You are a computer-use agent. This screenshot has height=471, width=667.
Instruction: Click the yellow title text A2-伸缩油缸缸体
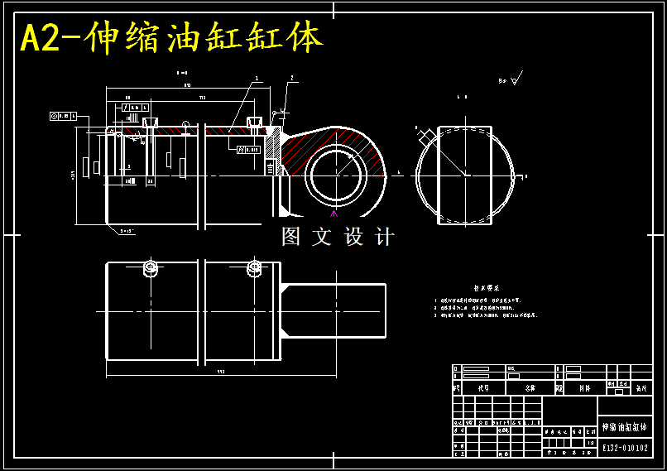tap(171, 38)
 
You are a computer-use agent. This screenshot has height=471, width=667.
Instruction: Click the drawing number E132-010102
tap(625, 448)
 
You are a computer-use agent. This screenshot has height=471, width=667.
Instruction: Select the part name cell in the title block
tap(625, 427)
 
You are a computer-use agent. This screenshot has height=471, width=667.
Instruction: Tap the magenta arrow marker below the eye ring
tap(334, 214)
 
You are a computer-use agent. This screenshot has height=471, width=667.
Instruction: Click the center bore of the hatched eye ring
tap(336, 175)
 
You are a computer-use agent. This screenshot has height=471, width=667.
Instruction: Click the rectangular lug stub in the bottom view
tap(334, 310)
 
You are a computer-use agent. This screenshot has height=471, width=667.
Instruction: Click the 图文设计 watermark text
tap(338, 237)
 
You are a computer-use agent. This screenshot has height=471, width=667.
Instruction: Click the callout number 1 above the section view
tap(257, 79)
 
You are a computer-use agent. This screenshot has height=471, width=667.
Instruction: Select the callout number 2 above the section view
tap(292, 79)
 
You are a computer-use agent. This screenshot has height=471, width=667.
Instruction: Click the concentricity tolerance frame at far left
tap(63, 116)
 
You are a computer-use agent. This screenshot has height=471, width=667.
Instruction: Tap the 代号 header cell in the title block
tap(482, 387)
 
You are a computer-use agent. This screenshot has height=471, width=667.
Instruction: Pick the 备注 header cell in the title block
tap(640, 387)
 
